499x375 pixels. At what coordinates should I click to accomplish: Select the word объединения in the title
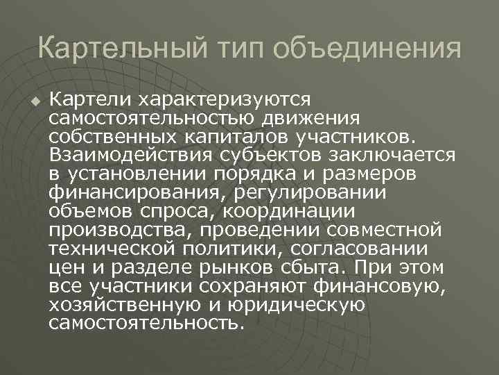pos(368,49)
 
